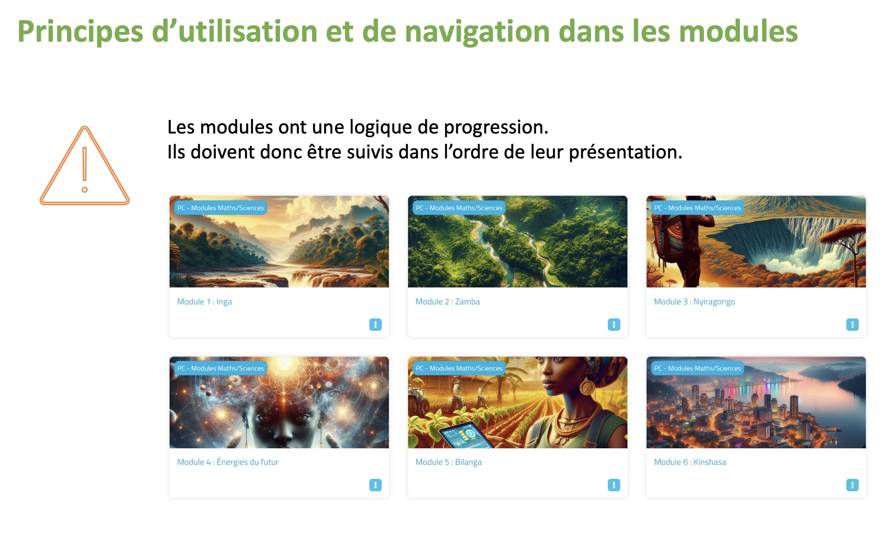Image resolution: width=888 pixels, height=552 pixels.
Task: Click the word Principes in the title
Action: tap(80, 32)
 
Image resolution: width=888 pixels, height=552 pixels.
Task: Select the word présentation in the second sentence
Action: tap(625, 152)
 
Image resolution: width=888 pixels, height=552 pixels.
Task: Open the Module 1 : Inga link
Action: tap(204, 302)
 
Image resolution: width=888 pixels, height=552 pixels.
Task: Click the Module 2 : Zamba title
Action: tap(447, 302)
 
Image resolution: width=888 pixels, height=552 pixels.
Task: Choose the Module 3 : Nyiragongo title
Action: tap(694, 302)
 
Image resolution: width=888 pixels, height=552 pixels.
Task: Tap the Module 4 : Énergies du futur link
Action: tap(228, 462)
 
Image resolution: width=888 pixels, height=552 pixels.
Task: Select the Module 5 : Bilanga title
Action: tap(448, 462)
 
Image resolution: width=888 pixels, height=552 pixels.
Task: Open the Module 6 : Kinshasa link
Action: tap(690, 462)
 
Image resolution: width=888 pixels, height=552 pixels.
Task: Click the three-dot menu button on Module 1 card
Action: tap(375, 324)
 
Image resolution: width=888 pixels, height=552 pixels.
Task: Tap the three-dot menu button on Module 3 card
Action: tap(852, 324)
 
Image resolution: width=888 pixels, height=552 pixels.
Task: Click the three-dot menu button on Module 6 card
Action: tap(852, 485)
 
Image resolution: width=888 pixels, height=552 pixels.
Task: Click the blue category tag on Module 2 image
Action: tap(459, 208)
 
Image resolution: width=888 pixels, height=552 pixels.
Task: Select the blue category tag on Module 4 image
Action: tap(221, 368)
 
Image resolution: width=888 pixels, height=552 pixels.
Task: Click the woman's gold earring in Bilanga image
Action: tap(587, 387)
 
